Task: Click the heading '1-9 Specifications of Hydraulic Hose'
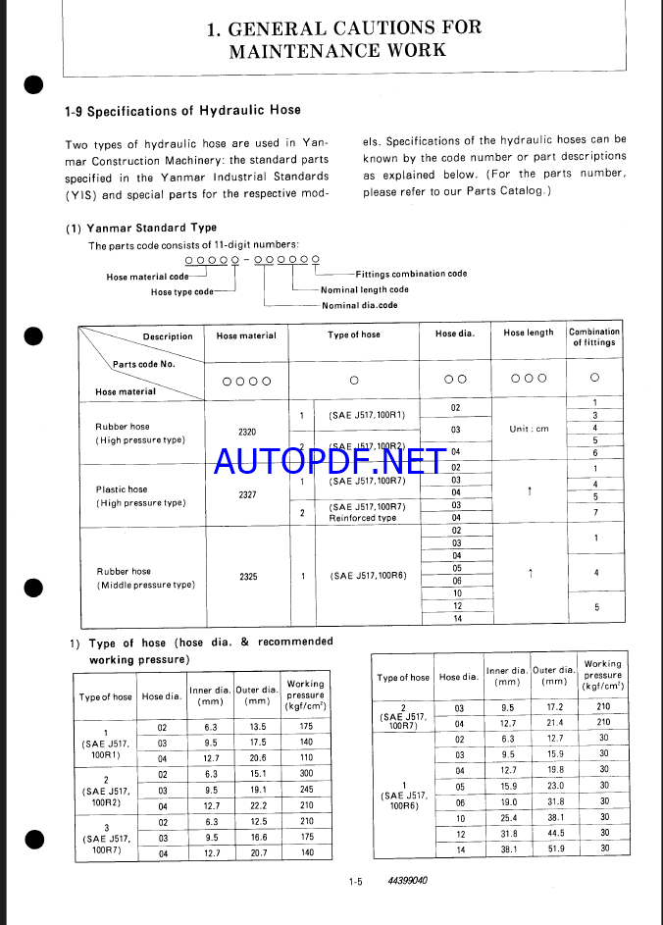pos(182,110)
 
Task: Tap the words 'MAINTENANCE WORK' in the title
pos(337,50)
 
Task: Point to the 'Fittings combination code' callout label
pos(412,274)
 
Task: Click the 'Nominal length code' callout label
pos(365,289)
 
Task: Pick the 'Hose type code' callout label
pos(181,292)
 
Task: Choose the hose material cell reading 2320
pos(247,433)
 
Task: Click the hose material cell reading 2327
pos(247,494)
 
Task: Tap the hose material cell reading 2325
pos(248,577)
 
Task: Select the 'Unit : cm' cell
pos(529,429)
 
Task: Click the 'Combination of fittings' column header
pos(593,336)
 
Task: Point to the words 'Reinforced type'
pos(363,518)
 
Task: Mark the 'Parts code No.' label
pos(143,364)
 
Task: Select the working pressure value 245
pos(307,789)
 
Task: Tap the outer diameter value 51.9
pos(556,848)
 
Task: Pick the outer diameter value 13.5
pos(258,727)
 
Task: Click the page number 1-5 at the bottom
pos(355,881)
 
